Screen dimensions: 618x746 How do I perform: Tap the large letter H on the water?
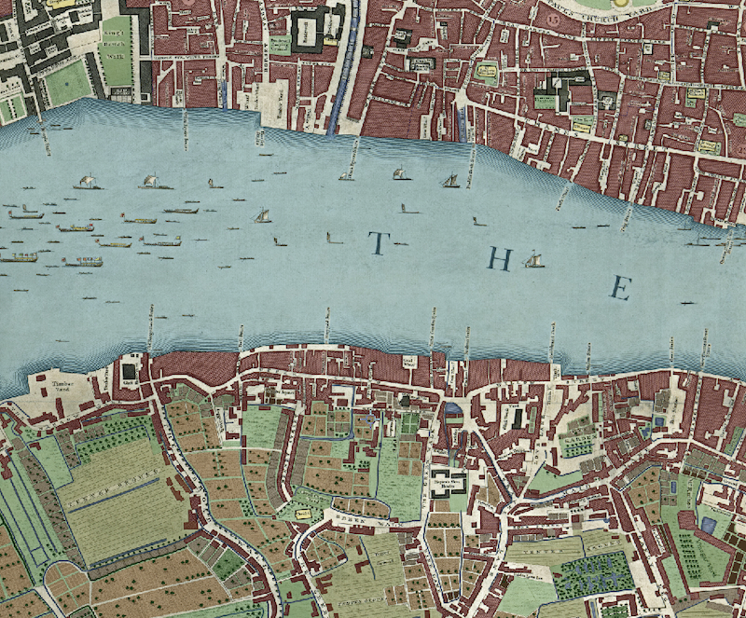click(x=501, y=261)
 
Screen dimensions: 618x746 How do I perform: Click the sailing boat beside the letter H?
click(x=533, y=260)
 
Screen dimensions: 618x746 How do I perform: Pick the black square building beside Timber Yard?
click(x=129, y=374)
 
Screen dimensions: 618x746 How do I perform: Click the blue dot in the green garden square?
click(x=405, y=401)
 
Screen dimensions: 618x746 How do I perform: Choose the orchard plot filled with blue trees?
click(x=593, y=574)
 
